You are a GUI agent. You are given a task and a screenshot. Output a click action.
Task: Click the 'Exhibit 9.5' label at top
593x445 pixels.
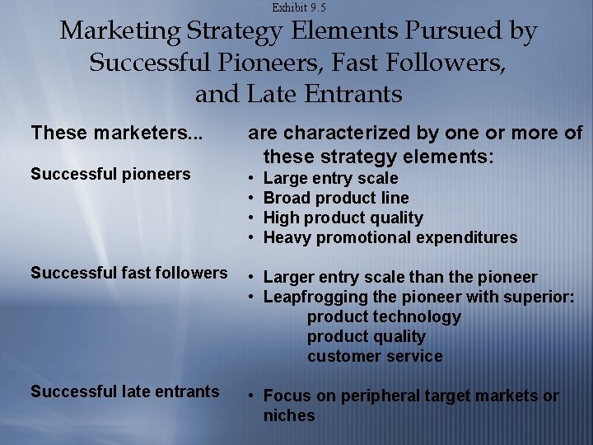(298, 7)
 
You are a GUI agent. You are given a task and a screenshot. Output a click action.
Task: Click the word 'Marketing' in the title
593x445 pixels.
(119, 32)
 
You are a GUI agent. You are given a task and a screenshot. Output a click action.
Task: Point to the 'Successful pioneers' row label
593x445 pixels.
(110, 174)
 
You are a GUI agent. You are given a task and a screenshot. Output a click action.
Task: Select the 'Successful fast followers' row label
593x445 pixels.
(129, 273)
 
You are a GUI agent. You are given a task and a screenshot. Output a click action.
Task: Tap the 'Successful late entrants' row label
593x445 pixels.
(125, 391)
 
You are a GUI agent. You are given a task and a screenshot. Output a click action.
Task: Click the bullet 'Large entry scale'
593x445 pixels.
(330, 179)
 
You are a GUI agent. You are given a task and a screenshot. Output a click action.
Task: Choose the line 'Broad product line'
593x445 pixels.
(335, 199)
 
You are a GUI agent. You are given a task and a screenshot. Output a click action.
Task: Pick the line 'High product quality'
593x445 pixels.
(343, 218)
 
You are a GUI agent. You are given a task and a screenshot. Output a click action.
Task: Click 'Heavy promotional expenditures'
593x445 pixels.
(390, 238)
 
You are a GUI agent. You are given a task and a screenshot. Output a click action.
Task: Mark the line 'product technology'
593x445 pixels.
(384, 317)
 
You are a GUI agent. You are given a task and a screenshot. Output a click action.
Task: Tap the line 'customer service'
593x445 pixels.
(375, 357)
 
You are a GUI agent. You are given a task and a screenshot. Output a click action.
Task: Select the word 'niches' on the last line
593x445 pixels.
(289, 416)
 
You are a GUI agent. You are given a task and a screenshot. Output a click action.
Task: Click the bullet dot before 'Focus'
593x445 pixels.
(251, 396)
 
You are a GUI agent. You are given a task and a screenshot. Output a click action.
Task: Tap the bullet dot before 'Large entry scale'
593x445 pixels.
(251, 179)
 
